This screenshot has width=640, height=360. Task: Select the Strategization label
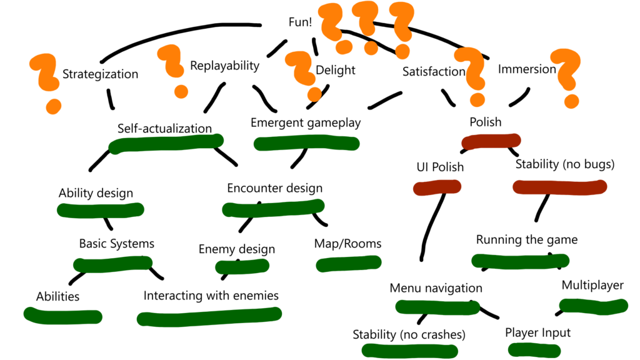click(100, 74)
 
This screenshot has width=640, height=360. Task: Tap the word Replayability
click(224, 65)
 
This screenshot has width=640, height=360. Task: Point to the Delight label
click(335, 70)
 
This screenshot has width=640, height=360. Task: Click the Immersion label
click(526, 69)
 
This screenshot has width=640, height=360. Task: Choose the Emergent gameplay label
click(306, 122)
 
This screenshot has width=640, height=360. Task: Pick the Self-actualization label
click(164, 129)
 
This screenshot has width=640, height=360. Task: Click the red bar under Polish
click(491, 142)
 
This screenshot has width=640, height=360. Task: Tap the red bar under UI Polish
click(437, 186)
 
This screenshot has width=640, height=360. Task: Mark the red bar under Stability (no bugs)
click(559, 186)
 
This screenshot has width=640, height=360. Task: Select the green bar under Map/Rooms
click(347, 264)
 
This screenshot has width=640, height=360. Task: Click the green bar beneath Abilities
click(62, 316)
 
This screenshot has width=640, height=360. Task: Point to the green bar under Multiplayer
click(592, 306)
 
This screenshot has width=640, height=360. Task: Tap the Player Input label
click(537, 332)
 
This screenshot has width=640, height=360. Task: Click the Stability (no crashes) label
click(409, 335)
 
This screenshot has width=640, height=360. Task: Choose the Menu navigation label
click(436, 288)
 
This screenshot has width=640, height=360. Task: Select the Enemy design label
click(236, 249)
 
